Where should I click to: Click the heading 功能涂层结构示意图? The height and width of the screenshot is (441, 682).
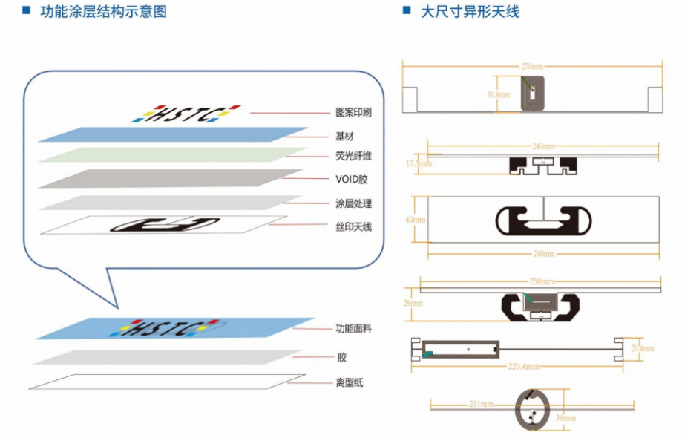tap(103, 11)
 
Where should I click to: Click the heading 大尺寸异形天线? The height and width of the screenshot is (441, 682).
tap(470, 11)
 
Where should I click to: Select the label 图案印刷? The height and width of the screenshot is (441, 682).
tap(353, 113)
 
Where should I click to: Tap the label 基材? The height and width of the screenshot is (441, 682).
tap(345, 136)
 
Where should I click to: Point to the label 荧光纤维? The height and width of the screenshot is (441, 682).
tap(353, 157)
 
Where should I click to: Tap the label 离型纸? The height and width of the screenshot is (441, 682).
tap(349, 383)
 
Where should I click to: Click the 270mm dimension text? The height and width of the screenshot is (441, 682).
tap(531, 66)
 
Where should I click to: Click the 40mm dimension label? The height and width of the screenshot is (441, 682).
tap(416, 220)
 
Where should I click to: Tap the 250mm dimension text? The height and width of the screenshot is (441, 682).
tap(541, 282)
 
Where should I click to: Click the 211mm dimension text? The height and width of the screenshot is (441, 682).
tap(482, 404)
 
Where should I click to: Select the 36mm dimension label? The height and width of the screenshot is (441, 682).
tap(565, 419)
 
